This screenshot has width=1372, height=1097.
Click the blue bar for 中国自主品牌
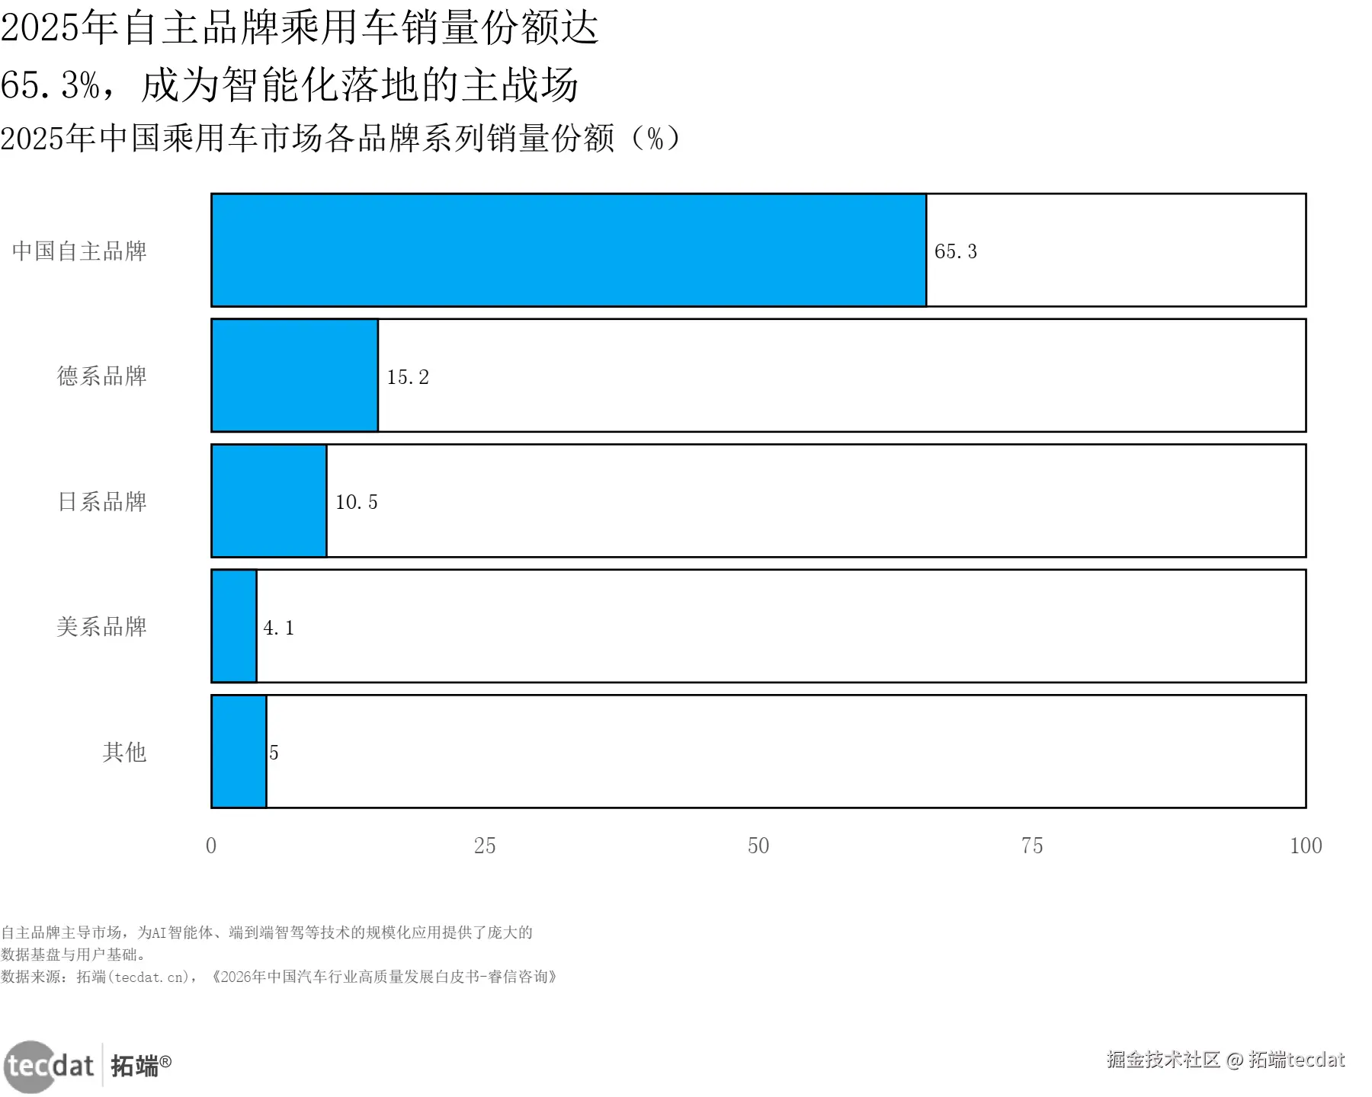569,251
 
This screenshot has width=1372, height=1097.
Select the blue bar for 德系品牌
295,376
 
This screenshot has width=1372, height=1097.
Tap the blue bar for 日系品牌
269,501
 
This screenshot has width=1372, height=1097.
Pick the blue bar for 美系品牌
234,626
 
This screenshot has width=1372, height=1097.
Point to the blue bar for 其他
239,751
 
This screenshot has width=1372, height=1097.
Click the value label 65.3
956,251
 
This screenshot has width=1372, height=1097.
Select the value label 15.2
408,377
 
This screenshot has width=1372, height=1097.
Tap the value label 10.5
357,502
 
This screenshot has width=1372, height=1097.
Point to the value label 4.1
278,628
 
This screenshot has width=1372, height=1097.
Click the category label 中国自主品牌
79,251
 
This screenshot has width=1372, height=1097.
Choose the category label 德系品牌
101,376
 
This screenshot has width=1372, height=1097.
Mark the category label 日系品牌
102,501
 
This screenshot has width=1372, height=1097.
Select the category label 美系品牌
101,626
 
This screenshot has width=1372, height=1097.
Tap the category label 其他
124,752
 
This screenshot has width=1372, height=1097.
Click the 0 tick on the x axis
211,846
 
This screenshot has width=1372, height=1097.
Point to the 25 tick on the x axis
485,846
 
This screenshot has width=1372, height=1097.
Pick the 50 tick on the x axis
758,846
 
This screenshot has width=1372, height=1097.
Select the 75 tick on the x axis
1032,846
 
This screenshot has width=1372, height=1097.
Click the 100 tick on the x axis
1306,846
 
